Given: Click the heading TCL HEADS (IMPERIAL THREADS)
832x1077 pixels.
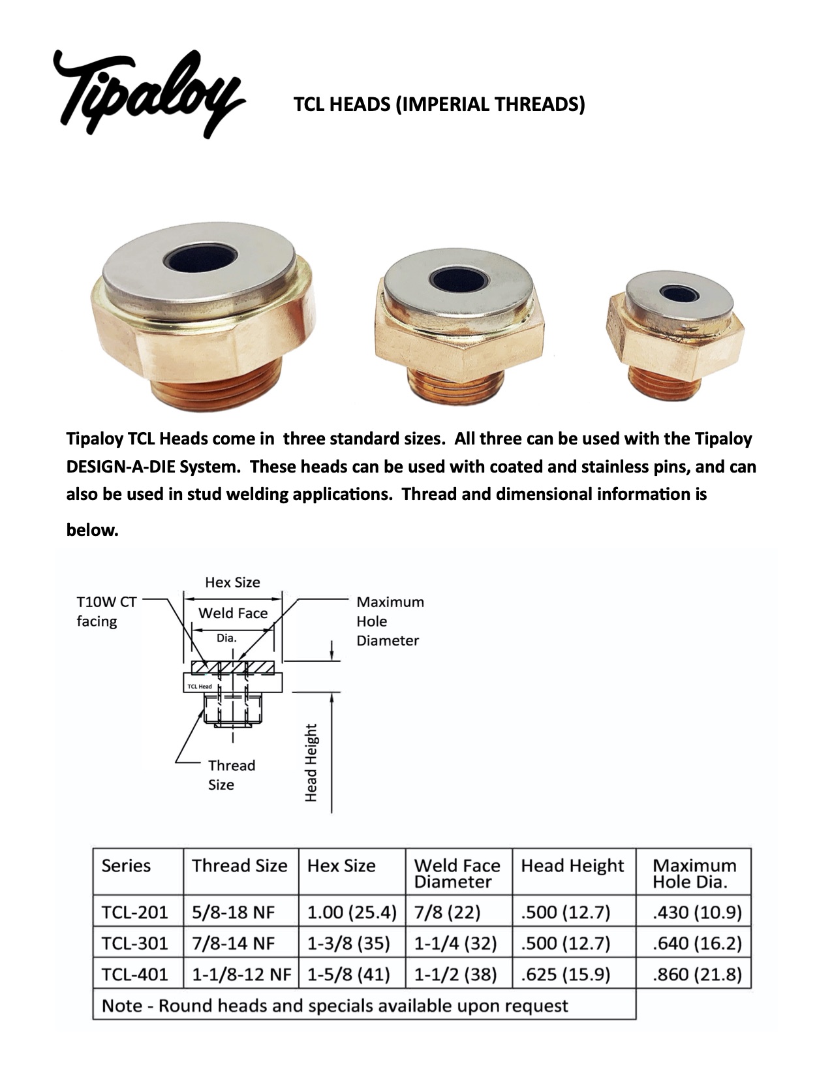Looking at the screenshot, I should tap(439, 104).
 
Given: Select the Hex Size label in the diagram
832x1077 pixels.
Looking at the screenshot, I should tap(232, 582).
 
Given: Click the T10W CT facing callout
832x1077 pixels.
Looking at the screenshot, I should tap(106, 612).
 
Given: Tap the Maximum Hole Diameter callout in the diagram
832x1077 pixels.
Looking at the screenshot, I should tap(390, 621).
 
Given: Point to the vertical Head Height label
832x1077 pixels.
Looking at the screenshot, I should tap(311, 762).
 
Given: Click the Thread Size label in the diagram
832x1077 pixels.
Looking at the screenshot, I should tap(231, 775).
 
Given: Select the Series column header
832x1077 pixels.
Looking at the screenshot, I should tap(126, 866).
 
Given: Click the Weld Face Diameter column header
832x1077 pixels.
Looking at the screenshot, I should tap(457, 873).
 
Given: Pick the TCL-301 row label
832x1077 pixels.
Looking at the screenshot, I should tap(135, 943).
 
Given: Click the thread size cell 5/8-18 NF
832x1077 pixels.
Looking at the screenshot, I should tap(234, 912).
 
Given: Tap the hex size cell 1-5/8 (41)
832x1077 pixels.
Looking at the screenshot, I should tap(348, 975).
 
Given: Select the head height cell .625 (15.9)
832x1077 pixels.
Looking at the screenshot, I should tap(565, 975).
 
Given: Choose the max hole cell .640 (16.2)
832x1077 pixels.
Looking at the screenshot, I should tap(697, 943).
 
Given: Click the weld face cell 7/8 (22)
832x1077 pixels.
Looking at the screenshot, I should tap(447, 912).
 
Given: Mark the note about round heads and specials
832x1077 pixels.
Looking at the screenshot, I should tap(335, 1005).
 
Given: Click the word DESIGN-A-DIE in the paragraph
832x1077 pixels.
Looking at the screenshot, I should tap(121, 467).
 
